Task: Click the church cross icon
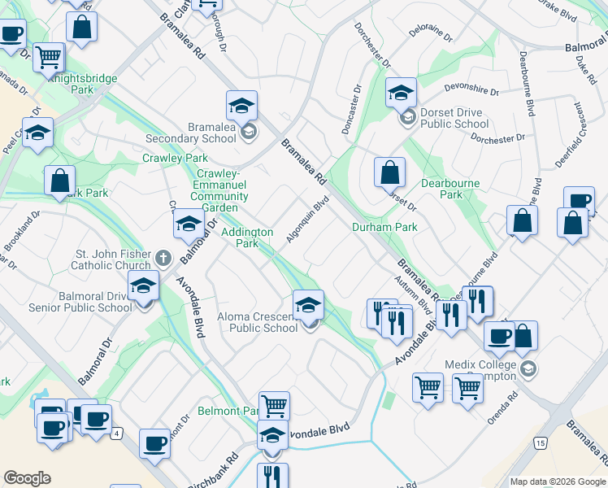[x=163, y=259]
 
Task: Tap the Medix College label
[x=480, y=370]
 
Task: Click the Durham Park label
[x=384, y=227]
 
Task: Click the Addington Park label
[x=247, y=237]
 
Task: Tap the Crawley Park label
[x=175, y=158]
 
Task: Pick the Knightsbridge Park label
[x=82, y=84]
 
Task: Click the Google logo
[x=28, y=478]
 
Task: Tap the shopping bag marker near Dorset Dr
[x=390, y=173]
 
